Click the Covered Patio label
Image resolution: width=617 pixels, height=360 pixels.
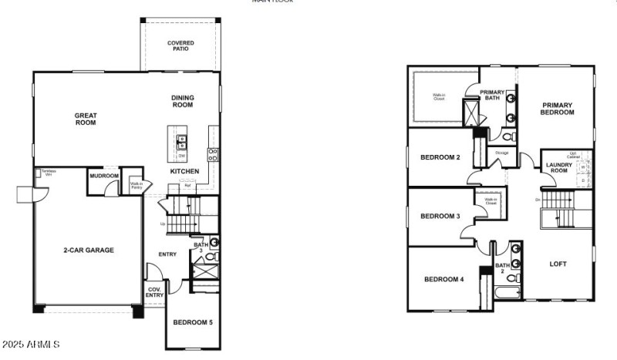(180, 46)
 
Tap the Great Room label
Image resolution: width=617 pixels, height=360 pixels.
(86, 119)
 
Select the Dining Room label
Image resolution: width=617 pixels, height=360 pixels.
(183, 101)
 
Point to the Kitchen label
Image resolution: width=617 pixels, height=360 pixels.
(185, 171)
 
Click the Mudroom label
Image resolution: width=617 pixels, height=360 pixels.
(105, 177)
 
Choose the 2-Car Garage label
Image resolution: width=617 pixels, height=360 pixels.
(89, 251)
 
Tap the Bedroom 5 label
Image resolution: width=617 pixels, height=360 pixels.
(193, 322)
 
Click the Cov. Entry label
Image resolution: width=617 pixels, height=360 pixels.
(155, 292)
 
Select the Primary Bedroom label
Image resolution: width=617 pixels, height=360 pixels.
(558, 109)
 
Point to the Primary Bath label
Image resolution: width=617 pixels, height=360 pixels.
(492, 96)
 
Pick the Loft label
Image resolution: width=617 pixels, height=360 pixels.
(558, 264)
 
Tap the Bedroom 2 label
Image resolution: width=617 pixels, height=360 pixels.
(440, 158)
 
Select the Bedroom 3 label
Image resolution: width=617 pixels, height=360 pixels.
(440, 217)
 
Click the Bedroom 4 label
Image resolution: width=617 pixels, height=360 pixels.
(444, 279)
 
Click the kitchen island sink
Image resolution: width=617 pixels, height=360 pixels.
(182, 141)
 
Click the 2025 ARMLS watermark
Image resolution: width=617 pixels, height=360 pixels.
(32, 344)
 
